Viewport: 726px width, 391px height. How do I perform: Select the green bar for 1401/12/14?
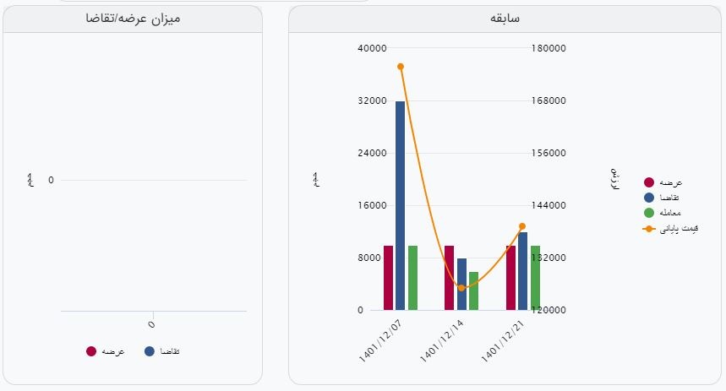tap(473, 291)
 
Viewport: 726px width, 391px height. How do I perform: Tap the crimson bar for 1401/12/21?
tap(510, 278)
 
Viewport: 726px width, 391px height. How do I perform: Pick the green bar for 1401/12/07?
tap(412, 278)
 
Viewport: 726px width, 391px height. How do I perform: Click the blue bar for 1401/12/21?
tap(522, 271)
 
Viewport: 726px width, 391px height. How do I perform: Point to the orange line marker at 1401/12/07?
tap(400, 67)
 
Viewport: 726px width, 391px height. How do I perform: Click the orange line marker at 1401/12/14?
tap(461, 288)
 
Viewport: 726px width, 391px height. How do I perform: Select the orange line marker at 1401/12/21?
tap(522, 226)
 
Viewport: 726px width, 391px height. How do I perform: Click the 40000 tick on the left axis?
tap(372, 48)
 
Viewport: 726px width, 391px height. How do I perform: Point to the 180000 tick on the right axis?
tap(549, 48)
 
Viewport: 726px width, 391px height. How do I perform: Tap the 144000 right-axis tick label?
tap(549, 205)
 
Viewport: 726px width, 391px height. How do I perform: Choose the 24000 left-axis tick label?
tap(372, 153)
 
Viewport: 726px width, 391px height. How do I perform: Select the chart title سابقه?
tap(505, 18)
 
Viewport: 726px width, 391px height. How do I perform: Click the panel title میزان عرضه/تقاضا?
tap(133, 18)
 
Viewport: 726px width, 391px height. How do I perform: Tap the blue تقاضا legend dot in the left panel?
tap(150, 351)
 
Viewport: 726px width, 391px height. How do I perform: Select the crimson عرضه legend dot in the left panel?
tap(91, 351)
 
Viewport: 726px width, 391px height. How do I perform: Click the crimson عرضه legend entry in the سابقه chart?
tap(663, 182)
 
